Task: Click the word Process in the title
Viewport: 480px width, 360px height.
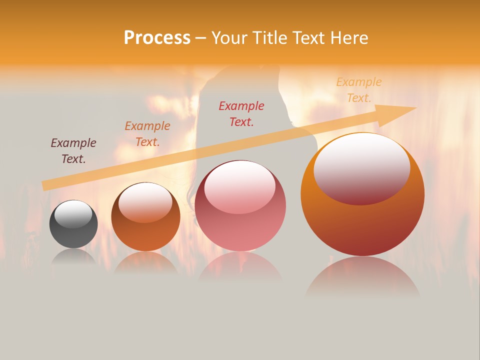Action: pyautogui.click(x=157, y=38)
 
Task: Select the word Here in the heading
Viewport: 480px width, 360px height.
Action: pyautogui.click(x=349, y=38)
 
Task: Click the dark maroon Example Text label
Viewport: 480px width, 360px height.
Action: pyautogui.click(x=73, y=151)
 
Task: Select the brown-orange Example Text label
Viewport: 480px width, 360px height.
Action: pyautogui.click(x=147, y=134)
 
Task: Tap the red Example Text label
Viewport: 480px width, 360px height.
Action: pyautogui.click(x=241, y=114)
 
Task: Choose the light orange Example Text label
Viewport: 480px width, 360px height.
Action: pyautogui.click(x=358, y=90)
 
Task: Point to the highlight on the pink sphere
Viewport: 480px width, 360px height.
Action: pyautogui.click(x=240, y=186)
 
